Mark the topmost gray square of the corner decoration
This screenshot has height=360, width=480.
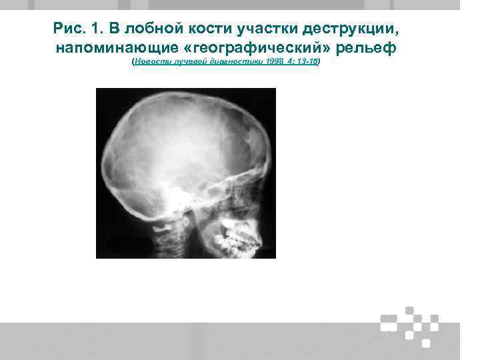[409, 309]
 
